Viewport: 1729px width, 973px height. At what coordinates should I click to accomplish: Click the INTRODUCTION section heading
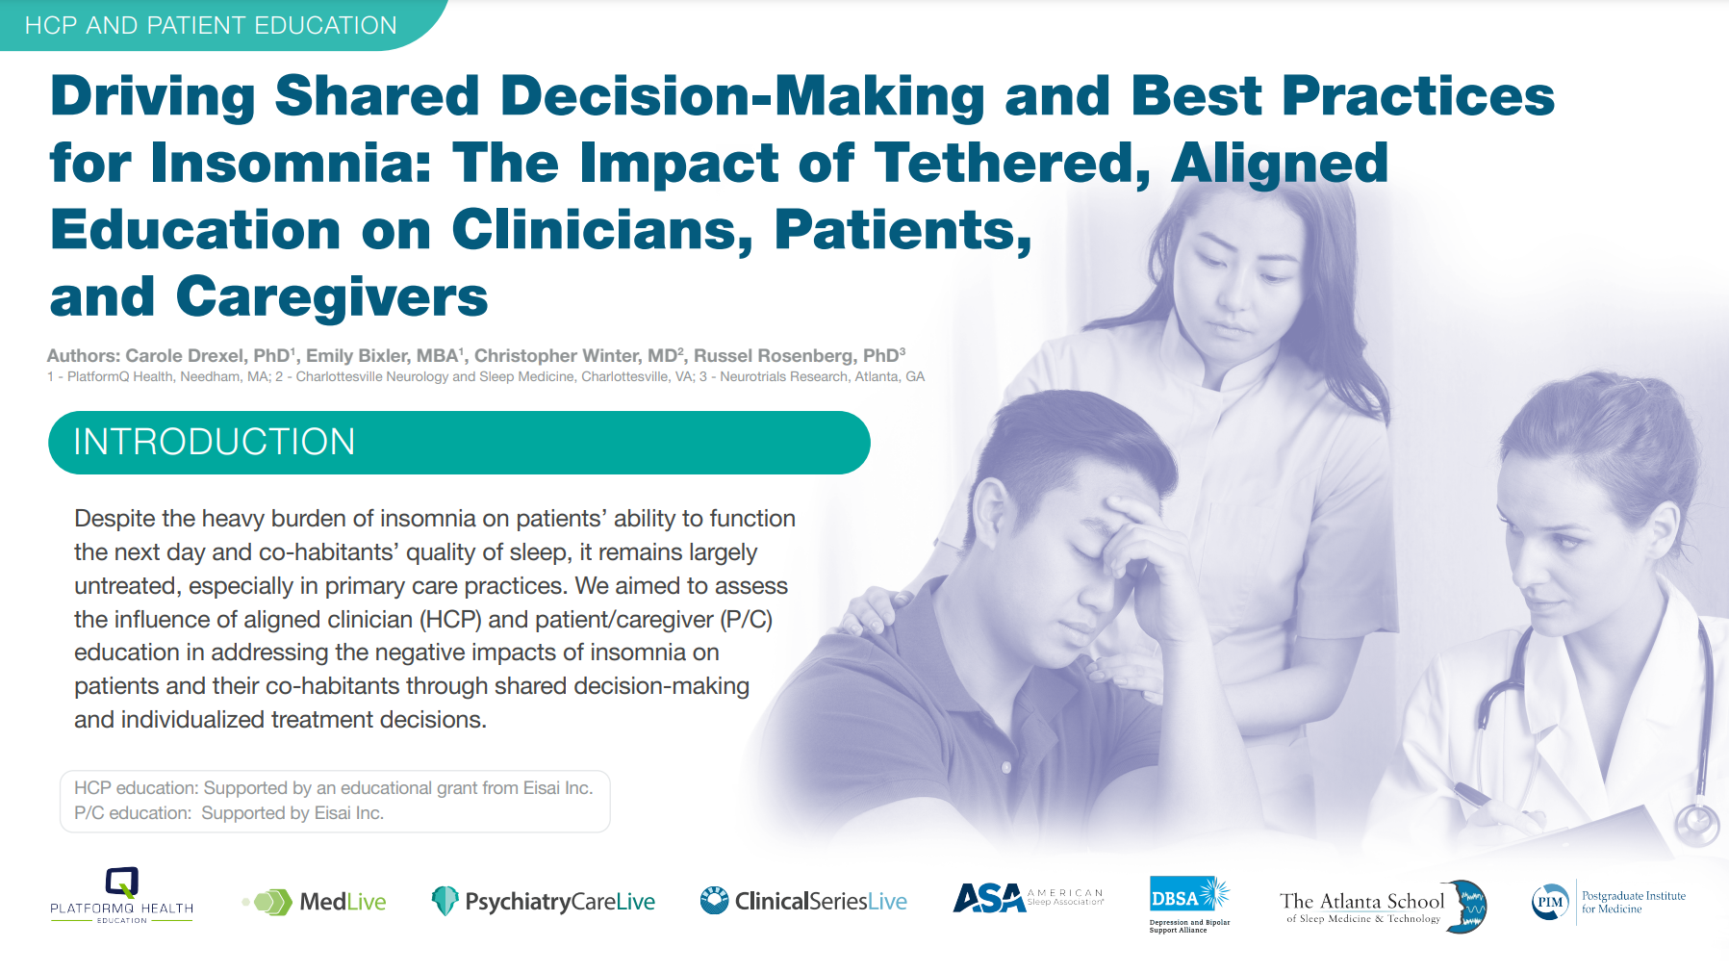[215, 442]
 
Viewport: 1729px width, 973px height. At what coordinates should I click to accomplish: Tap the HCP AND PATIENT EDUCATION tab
[211, 25]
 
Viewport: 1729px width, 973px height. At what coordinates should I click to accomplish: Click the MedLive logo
[315, 902]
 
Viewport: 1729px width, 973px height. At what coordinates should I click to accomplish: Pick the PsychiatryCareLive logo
[544, 902]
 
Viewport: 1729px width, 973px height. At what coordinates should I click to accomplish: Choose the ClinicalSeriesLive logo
[803, 901]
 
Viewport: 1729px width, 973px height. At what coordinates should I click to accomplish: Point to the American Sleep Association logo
[1029, 898]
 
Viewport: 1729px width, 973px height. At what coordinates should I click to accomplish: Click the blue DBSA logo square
[1176, 898]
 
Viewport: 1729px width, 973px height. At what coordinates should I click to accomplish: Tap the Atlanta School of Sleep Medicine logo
[1383, 907]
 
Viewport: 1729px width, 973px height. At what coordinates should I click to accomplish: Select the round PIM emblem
[1550, 902]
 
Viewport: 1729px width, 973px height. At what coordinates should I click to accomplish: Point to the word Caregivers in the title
[332, 296]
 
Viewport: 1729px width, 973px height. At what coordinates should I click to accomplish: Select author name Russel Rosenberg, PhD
[799, 355]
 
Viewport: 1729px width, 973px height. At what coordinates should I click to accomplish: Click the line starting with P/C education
[229, 813]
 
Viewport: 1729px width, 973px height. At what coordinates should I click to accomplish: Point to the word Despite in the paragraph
[114, 519]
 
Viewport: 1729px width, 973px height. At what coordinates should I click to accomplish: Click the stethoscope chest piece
[1696, 823]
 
